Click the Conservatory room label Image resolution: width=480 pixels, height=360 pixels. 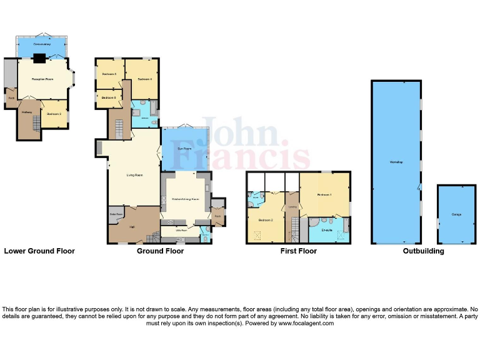[x=41, y=45]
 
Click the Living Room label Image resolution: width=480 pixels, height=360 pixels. [x=134, y=175]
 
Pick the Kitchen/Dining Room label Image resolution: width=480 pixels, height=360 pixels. [x=185, y=199]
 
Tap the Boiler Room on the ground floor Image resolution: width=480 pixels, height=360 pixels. [x=116, y=214]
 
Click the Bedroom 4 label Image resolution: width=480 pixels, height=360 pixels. [x=145, y=79]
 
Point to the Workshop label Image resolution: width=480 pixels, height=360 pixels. [x=396, y=162]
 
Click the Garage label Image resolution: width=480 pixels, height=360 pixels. [x=457, y=214]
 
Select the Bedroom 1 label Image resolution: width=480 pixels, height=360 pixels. [x=324, y=195]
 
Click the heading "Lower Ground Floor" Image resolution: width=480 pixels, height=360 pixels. [x=39, y=251]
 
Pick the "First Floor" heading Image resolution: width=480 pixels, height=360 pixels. [x=299, y=251]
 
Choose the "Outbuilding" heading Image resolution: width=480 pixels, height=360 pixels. [x=423, y=251]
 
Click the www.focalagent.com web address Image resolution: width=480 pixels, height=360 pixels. [x=306, y=324]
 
